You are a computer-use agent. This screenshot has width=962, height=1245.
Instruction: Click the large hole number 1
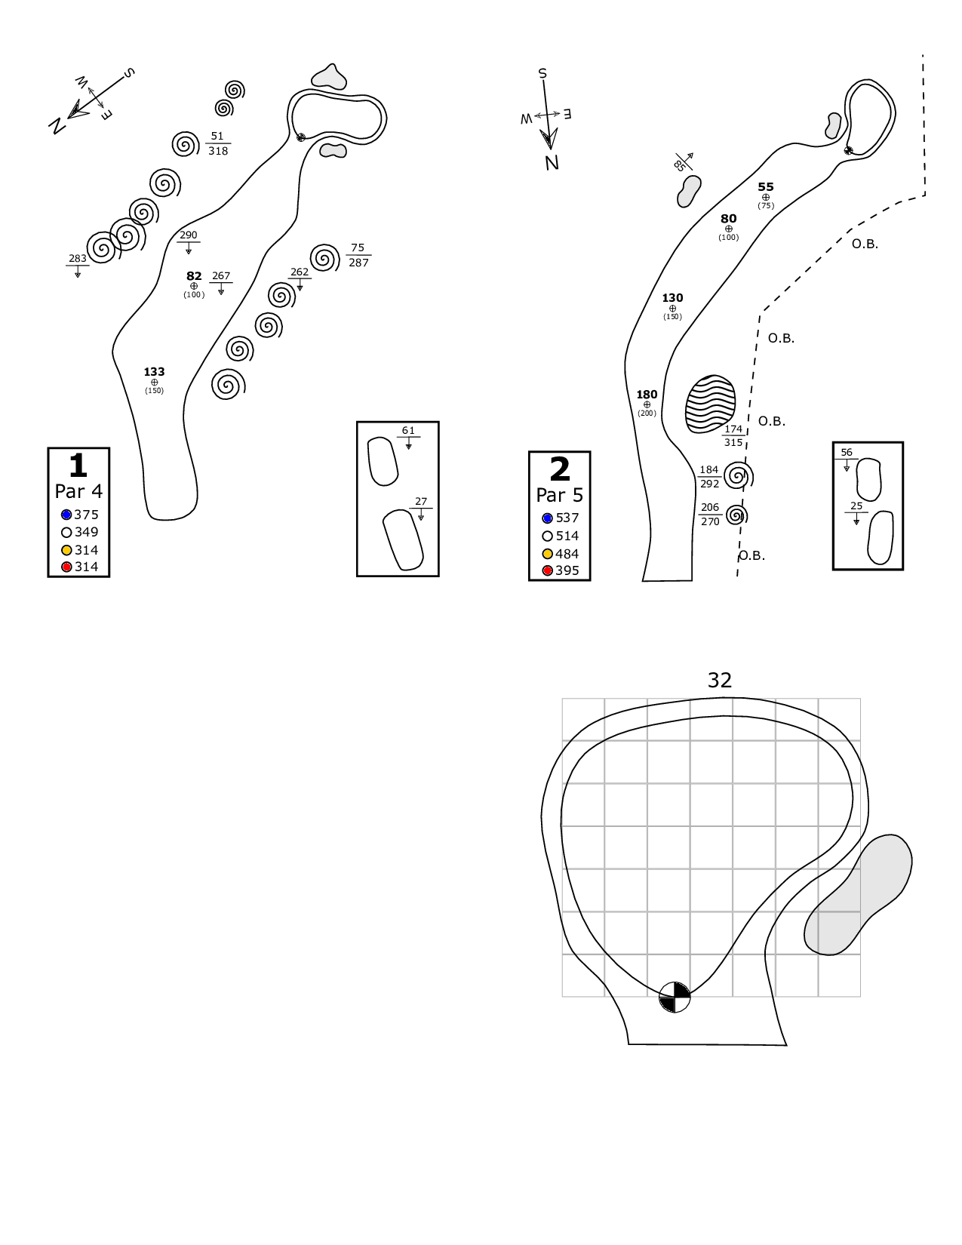(78, 466)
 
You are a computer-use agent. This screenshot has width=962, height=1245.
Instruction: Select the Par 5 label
(559, 495)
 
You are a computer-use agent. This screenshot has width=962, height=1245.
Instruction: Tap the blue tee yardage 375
(86, 515)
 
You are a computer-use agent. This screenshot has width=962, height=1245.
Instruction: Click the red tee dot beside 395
(548, 570)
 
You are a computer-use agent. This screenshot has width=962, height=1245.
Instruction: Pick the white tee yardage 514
(567, 536)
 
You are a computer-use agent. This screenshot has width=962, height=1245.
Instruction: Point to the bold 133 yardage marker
(154, 371)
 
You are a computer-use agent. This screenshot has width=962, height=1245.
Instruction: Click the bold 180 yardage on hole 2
(647, 394)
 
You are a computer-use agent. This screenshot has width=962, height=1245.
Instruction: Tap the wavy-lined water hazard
(710, 404)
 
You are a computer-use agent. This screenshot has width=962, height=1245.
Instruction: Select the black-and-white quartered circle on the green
(675, 997)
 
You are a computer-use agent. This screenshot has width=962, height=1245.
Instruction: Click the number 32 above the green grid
(720, 680)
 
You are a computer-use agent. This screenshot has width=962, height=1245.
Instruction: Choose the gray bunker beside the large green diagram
(858, 895)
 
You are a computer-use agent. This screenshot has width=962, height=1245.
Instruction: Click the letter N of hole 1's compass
(55, 126)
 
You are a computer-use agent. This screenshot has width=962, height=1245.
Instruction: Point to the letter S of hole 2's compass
(542, 73)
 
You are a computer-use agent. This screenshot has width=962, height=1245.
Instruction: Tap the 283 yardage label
(78, 258)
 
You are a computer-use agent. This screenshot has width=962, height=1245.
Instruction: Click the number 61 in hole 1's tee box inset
(408, 431)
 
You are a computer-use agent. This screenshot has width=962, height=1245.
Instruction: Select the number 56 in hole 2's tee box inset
(847, 453)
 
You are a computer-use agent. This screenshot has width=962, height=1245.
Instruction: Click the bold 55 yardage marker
(766, 186)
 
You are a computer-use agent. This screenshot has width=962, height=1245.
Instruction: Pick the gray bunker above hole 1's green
(329, 76)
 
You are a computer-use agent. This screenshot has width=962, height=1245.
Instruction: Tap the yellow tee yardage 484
(567, 554)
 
